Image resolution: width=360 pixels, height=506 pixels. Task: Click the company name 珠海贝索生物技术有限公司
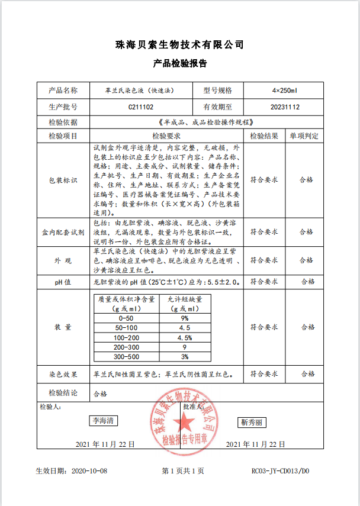[180, 45]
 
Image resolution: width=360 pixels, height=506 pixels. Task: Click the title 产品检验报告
[180, 63]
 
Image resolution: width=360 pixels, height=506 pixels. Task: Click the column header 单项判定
[307, 136]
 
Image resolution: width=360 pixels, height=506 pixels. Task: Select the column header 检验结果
[264, 136]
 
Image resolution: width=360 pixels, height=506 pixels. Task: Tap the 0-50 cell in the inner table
[127, 318]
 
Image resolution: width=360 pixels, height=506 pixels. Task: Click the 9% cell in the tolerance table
[185, 318]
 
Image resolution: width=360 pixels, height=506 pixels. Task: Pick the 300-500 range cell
[127, 357]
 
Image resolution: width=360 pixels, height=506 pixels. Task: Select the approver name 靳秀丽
[253, 423]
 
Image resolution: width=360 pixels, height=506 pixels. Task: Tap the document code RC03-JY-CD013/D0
[281, 471]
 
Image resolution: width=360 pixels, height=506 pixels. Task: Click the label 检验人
[50, 407]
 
